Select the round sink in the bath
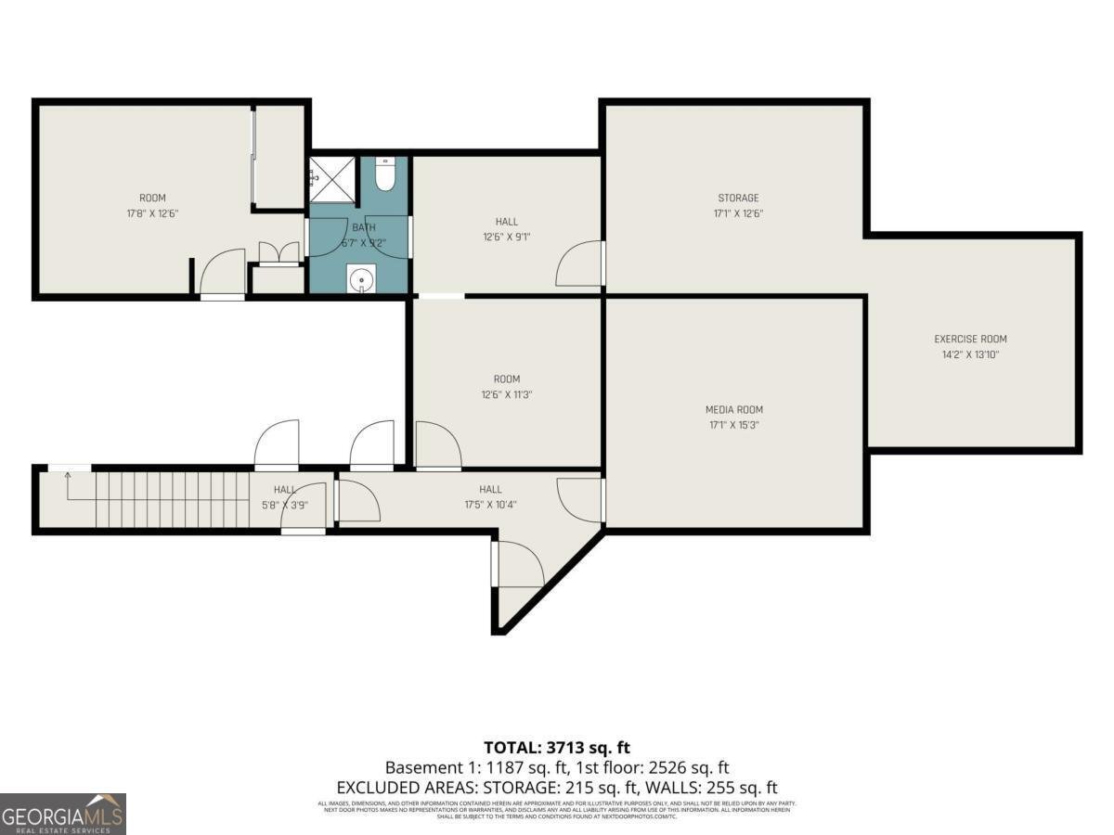point(359,277)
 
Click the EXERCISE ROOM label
point(970,339)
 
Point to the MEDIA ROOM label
point(734,409)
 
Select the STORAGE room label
point(738,198)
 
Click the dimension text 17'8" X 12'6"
point(152,213)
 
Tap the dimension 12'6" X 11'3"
point(507,394)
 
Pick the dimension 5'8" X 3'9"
point(284,505)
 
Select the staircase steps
point(172,501)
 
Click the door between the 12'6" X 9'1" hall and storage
point(581,264)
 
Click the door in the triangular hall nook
point(518,564)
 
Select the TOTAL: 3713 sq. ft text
point(557,747)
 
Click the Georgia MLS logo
point(63,814)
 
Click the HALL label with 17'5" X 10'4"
point(490,490)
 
